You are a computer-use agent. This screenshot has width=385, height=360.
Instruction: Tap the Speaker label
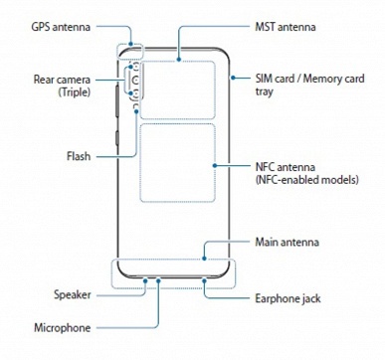77,295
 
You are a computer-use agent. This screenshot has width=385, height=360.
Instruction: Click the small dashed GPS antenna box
129,51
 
